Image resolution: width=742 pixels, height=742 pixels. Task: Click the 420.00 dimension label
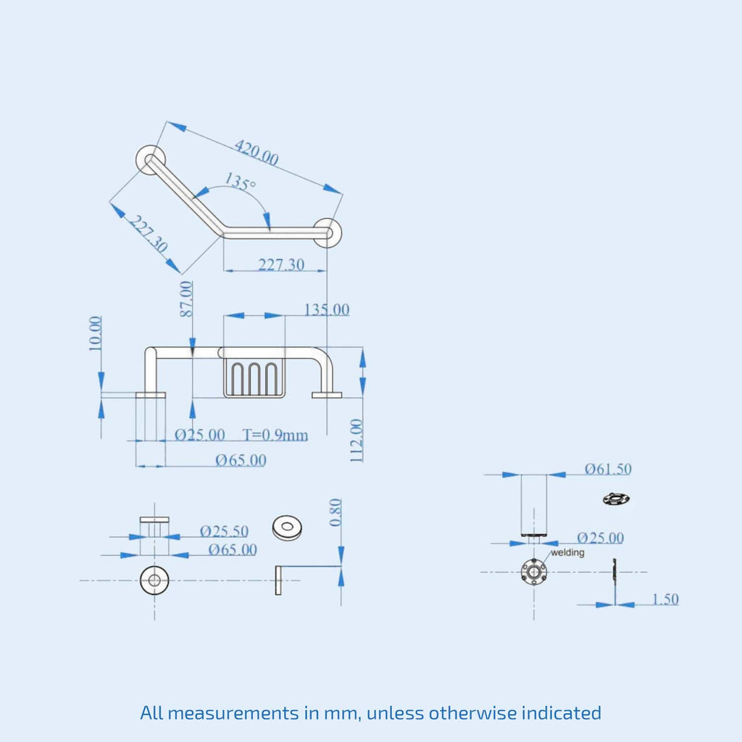pos(256,152)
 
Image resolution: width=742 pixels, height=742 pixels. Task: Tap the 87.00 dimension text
pos(187,299)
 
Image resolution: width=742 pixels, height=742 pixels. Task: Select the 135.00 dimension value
pos(326,310)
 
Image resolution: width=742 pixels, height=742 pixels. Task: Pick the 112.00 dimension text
pos(357,440)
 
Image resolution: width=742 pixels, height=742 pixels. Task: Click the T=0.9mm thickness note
pos(275,435)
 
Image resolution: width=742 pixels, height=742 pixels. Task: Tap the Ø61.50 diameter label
pos(608,469)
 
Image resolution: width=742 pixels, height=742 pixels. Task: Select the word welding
pos(567,553)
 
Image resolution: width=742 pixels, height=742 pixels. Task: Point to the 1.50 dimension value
pos(665,599)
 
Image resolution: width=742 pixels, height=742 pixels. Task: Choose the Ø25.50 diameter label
pos(224,531)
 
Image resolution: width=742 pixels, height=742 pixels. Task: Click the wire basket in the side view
pos(253,378)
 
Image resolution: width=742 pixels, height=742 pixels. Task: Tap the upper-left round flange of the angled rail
pos(151,159)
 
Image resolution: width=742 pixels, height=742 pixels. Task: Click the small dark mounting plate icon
pos(615,499)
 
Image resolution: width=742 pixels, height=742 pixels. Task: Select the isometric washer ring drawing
pos(287,527)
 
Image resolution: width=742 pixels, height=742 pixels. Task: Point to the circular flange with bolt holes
pos(534,571)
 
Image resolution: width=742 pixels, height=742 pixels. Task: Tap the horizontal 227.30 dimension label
pos(281,265)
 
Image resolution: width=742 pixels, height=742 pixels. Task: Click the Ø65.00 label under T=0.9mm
pos(241,460)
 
